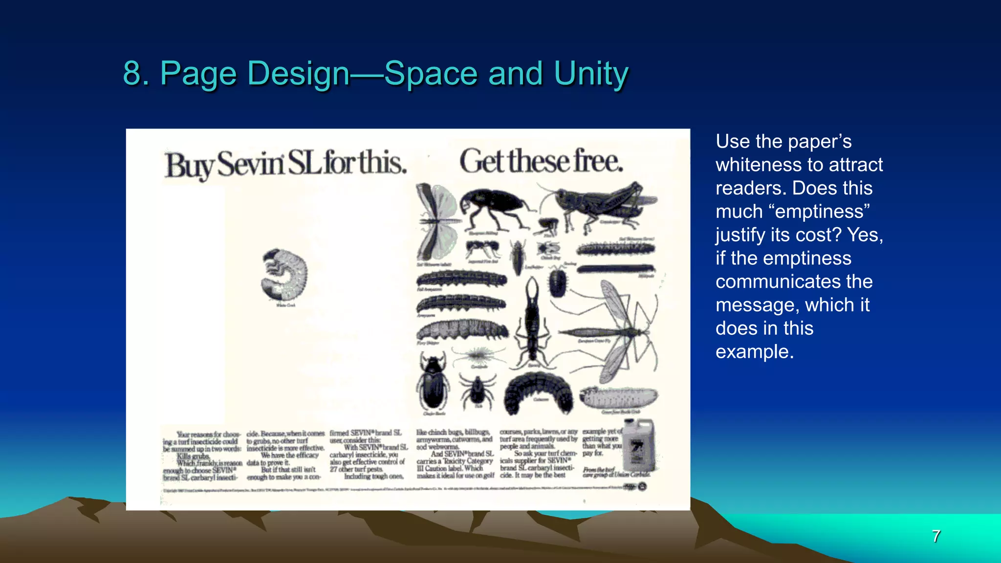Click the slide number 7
936,536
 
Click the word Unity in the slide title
591,73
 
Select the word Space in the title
431,73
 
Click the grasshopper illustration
601,205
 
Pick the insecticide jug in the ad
638,445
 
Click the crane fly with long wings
611,332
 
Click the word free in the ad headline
598,162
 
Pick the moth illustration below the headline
436,222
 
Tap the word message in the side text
757,305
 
